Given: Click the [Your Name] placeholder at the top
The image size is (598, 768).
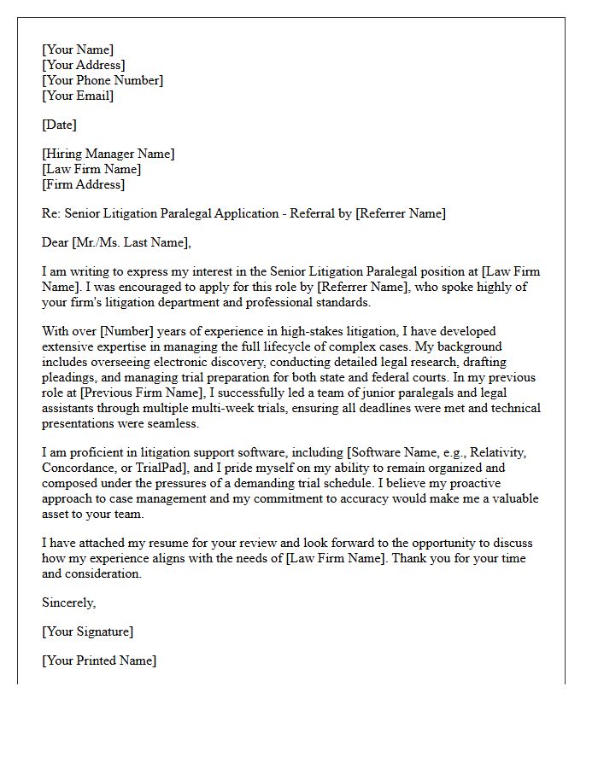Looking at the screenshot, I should pyautogui.click(x=78, y=49).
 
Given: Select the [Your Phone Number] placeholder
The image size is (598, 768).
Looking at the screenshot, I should pyautogui.click(x=103, y=80).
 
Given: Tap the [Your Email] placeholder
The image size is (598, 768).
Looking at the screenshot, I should pyautogui.click(x=78, y=96).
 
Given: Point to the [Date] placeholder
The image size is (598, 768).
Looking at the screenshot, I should pyautogui.click(x=59, y=125).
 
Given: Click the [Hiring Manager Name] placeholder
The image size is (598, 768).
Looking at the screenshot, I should pyautogui.click(x=108, y=154).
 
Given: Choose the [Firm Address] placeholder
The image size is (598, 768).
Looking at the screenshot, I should pyautogui.click(x=83, y=184).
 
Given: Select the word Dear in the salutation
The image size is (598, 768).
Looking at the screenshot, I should pyautogui.click(x=55, y=242).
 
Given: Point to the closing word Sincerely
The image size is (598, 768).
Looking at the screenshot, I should pyautogui.click(x=68, y=602).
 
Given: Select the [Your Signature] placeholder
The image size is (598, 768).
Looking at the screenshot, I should pyautogui.click(x=87, y=631).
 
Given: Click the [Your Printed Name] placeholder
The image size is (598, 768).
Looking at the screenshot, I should pyautogui.click(x=99, y=660).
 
